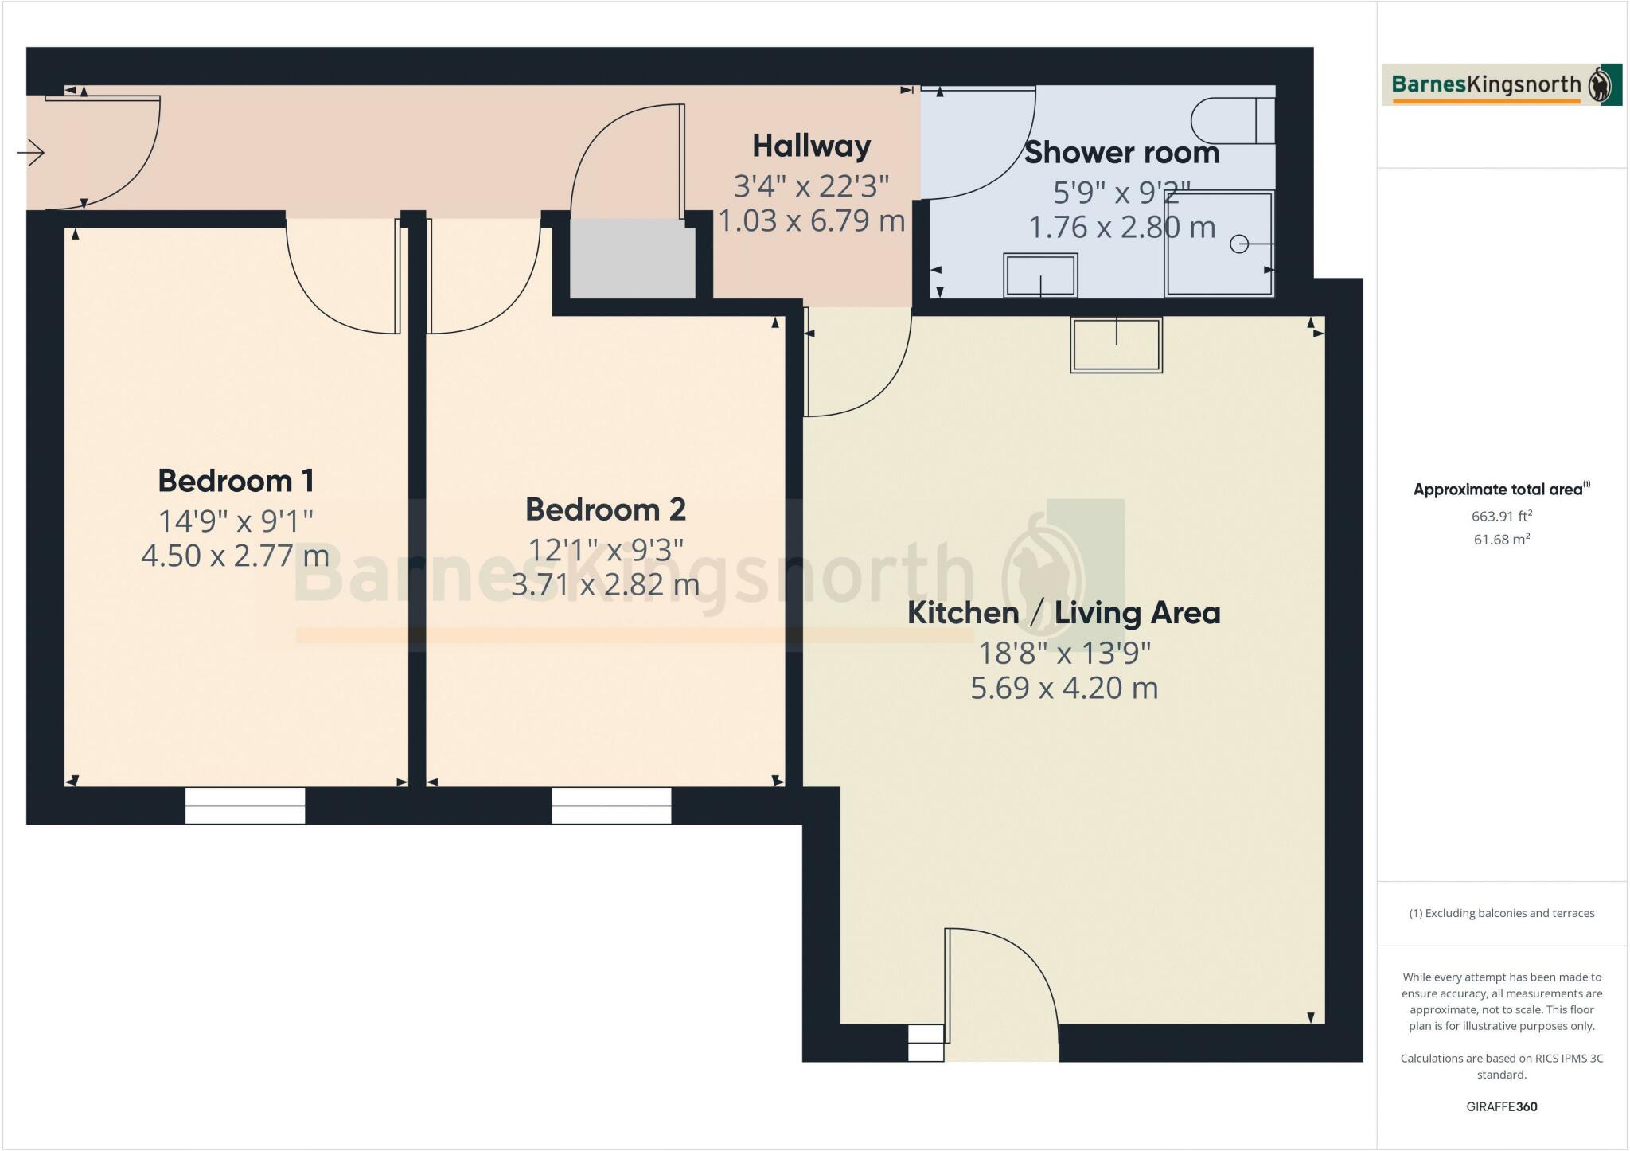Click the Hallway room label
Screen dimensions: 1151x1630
tap(812, 146)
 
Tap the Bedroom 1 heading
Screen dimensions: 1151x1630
tap(236, 481)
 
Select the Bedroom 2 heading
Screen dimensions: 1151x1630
tap(606, 509)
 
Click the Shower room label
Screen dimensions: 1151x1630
tap(1121, 153)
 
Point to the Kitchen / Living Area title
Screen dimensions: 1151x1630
tap(1063, 613)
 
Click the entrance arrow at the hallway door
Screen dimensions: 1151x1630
tap(31, 152)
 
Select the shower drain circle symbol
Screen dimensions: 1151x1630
tap(1238, 244)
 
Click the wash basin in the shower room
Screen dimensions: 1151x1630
tap(1040, 275)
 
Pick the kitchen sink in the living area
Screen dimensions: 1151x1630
tap(1116, 345)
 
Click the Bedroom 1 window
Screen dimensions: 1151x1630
tap(245, 806)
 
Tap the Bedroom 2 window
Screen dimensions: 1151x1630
tap(611, 806)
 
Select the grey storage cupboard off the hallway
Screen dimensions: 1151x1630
tap(632, 259)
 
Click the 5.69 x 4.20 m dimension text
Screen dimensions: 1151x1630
tap(1063, 688)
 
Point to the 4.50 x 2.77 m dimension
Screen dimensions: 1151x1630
tap(236, 556)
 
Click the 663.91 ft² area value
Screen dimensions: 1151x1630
tap(1501, 516)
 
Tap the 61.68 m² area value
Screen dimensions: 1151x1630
tap(1501, 540)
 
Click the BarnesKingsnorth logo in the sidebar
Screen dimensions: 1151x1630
tap(1501, 84)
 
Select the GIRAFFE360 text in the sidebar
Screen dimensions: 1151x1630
tap(1501, 1106)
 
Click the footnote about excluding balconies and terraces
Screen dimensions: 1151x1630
tap(1501, 913)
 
